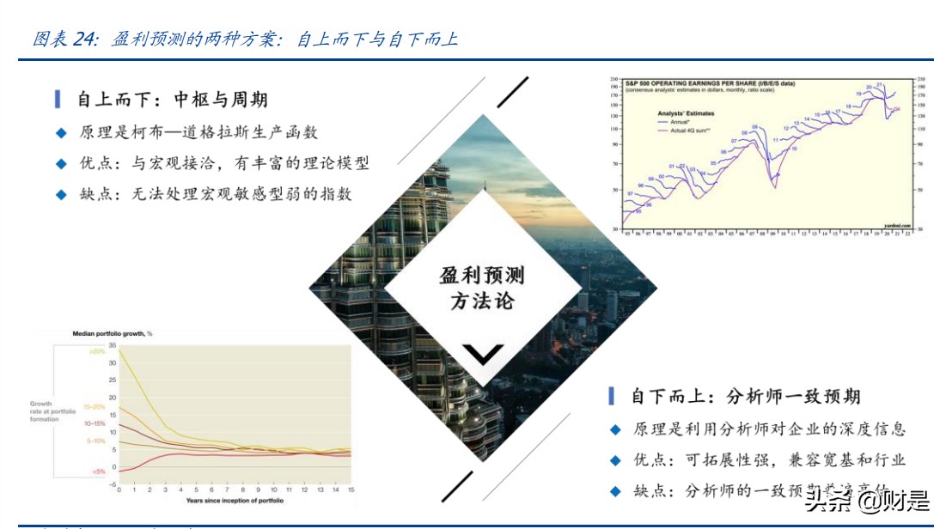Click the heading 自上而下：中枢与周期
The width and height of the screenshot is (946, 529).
point(172,100)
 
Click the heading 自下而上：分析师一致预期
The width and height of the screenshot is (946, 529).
point(745,396)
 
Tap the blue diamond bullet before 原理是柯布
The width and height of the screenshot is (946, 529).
point(60,133)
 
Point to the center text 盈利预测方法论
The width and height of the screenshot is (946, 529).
point(481,288)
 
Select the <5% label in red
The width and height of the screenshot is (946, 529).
point(98,471)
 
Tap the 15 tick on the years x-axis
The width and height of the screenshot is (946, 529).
point(351,490)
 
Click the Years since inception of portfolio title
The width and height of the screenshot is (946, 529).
point(234,500)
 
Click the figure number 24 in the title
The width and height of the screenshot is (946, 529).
point(84,40)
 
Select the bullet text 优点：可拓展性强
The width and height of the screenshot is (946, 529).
point(769,459)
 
